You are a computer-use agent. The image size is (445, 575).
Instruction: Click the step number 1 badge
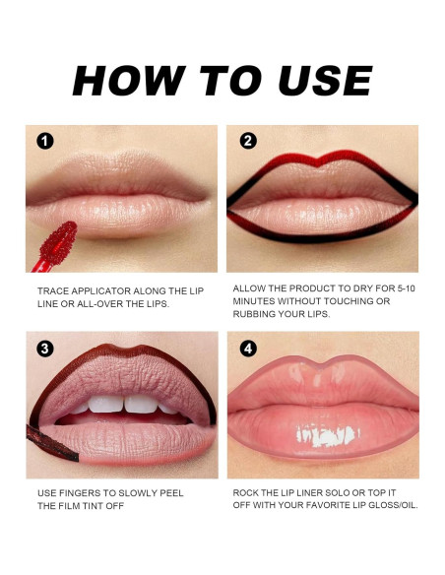click(x=44, y=141)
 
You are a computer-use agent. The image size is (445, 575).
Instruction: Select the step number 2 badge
click(x=248, y=141)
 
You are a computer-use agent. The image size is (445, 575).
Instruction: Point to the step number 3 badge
click(x=44, y=348)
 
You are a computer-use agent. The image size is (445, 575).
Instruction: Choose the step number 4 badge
click(x=248, y=348)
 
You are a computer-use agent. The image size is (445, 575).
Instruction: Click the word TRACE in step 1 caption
click(x=53, y=291)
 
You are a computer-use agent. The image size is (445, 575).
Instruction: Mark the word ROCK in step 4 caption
click(x=247, y=492)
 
